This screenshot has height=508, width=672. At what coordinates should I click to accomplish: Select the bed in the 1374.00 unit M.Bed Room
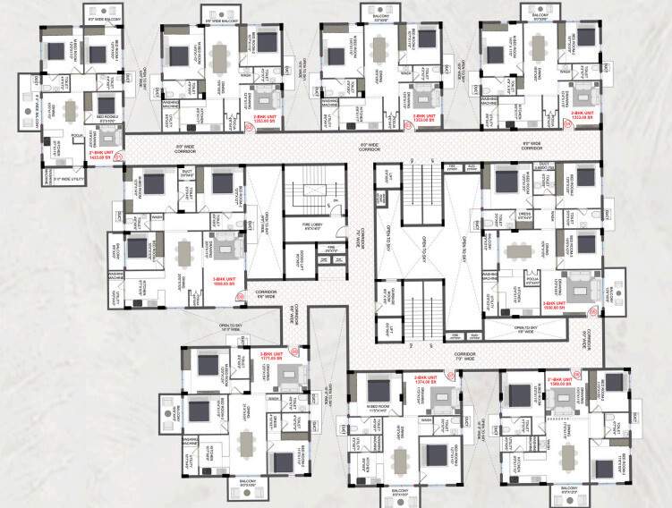pyautogui.click(x=376, y=391)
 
